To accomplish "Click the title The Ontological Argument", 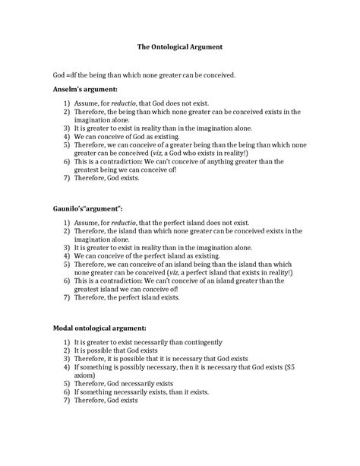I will click(179, 47).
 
